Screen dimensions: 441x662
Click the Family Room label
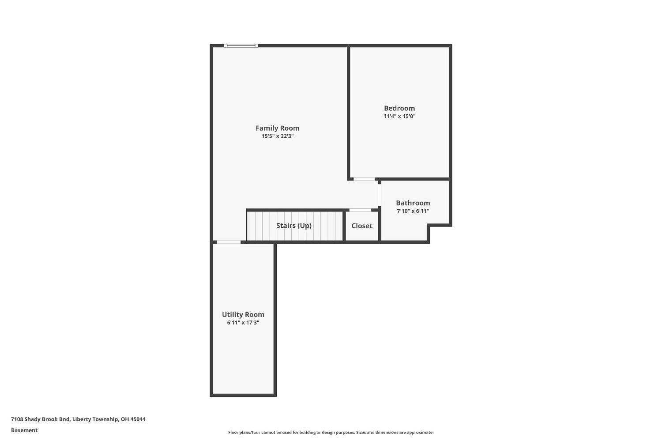pos(277,128)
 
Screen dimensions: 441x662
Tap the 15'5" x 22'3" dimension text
pos(277,136)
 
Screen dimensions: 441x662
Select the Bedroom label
pos(399,108)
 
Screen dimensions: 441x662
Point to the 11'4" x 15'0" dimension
pos(399,117)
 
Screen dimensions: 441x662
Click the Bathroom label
pos(413,203)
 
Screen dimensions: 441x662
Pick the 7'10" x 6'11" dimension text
pos(413,211)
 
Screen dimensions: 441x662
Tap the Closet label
pos(361,226)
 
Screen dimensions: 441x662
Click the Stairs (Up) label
pos(293,226)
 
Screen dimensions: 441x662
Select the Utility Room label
pos(243,315)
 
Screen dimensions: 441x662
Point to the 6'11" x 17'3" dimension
pos(243,323)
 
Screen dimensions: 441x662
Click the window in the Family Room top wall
pos(241,45)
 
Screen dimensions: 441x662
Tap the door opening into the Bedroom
pos(364,179)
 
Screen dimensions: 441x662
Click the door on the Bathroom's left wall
pos(379,194)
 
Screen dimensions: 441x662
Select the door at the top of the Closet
pos(360,210)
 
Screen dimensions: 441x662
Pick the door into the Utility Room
pos(229,242)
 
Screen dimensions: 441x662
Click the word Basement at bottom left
pos(24,430)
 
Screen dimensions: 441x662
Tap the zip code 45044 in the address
pos(138,419)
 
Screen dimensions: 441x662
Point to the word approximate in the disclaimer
pos(420,433)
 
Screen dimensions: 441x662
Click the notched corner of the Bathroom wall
pos(429,226)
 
